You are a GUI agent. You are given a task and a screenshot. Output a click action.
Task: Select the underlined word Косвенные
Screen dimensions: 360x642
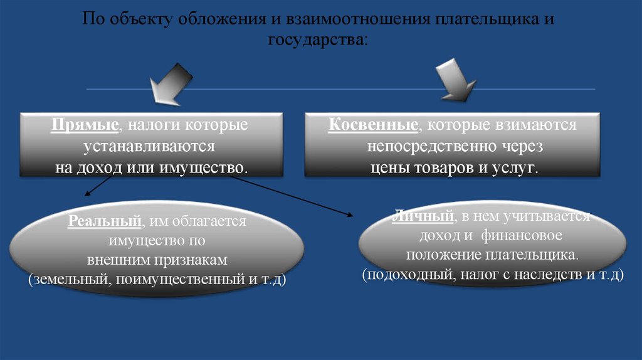pos(373,125)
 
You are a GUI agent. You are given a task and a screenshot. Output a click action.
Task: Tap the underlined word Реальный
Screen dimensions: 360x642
pos(104,222)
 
